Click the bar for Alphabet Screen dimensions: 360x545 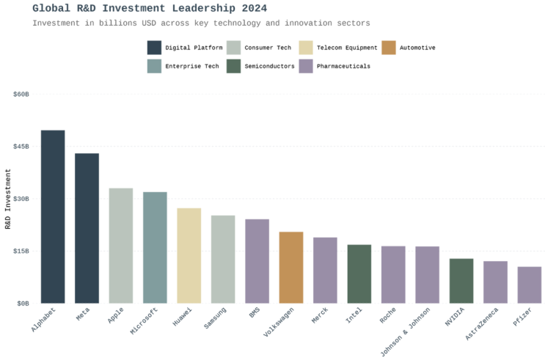pyautogui.click(x=53, y=216)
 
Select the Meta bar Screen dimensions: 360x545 pyautogui.click(x=87, y=228)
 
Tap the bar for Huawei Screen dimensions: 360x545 pyautogui.click(x=189, y=255)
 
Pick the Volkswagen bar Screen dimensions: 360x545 pyautogui.click(x=291, y=267)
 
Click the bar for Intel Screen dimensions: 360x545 pyautogui.click(x=359, y=273)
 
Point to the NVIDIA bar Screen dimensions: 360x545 pyautogui.click(x=461, y=280)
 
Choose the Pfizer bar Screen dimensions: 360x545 pyautogui.click(x=529, y=284)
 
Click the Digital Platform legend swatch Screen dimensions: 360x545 pyautogui.click(x=154, y=48)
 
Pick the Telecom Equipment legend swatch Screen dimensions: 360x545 pyautogui.click(x=305, y=48)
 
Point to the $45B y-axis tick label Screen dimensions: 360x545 pyautogui.click(x=21, y=147)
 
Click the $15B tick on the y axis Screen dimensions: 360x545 pyautogui.click(x=21, y=251)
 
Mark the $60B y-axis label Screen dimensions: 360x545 pyautogui.click(x=21, y=95)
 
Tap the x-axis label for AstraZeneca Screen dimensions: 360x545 pyautogui.click(x=483, y=327)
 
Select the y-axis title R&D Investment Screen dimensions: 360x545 pyautogui.click(x=8, y=199)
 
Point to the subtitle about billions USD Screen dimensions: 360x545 pyautogui.click(x=201, y=23)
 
